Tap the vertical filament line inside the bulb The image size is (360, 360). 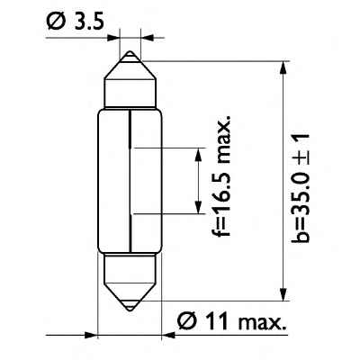[132, 180]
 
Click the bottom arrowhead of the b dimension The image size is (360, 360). [283, 293]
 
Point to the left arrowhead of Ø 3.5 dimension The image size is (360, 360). [114, 39]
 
